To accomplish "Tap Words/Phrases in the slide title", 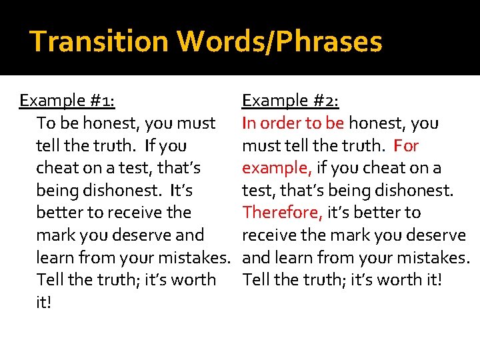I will [x=279, y=41].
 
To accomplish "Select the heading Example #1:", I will [x=67, y=101].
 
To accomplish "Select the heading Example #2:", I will [x=291, y=101].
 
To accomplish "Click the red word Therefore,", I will [x=283, y=213].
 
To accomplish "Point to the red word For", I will [x=406, y=145].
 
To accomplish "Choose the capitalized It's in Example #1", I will [x=181, y=190].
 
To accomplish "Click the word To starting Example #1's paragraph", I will [x=46, y=123].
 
